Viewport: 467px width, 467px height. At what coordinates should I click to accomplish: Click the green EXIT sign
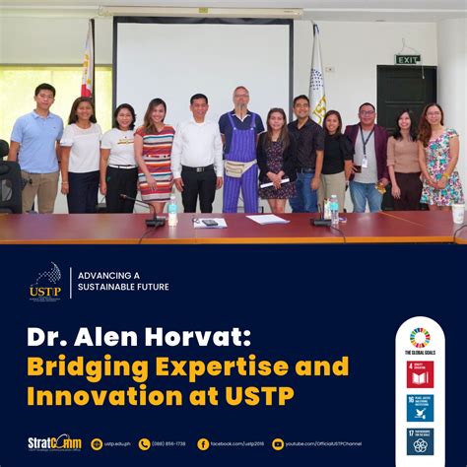pos(407,59)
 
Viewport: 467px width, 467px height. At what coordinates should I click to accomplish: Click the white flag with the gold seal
pos(316,79)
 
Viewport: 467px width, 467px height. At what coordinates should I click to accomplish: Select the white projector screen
pos(203,69)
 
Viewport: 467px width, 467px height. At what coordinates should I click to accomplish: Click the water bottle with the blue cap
pos(334,208)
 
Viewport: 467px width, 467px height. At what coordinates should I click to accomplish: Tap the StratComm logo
pos(53,443)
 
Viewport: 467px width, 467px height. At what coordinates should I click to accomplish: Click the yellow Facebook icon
pos(203,444)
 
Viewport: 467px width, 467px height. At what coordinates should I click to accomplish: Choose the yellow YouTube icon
pos(278,444)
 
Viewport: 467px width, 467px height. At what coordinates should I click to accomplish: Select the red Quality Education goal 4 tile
pos(420,374)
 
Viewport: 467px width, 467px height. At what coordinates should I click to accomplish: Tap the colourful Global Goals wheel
pos(420,337)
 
